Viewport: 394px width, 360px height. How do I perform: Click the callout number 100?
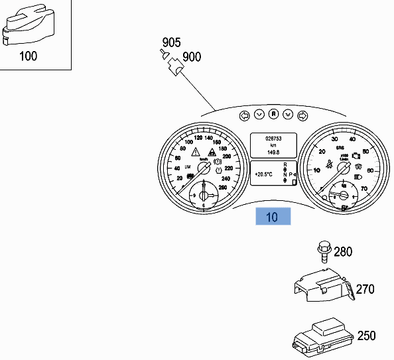coord(29,56)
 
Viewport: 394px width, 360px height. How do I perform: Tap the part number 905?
coord(171,42)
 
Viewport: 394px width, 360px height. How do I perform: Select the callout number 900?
coord(192,57)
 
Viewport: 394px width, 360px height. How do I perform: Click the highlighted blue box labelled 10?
coord(273,217)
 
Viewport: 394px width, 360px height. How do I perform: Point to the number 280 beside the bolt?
coord(343,251)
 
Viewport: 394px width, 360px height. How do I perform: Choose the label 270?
coord(365,289)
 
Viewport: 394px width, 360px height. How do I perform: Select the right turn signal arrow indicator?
coord(302,115)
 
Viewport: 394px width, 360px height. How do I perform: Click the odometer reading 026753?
coord(273,139)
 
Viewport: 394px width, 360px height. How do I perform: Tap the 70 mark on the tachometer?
coord(363,188)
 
